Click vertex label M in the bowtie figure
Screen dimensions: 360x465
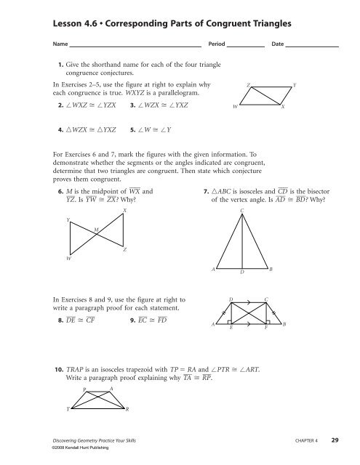(x=97, y=230)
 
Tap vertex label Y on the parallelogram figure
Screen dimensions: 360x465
(x=294, y=86)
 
